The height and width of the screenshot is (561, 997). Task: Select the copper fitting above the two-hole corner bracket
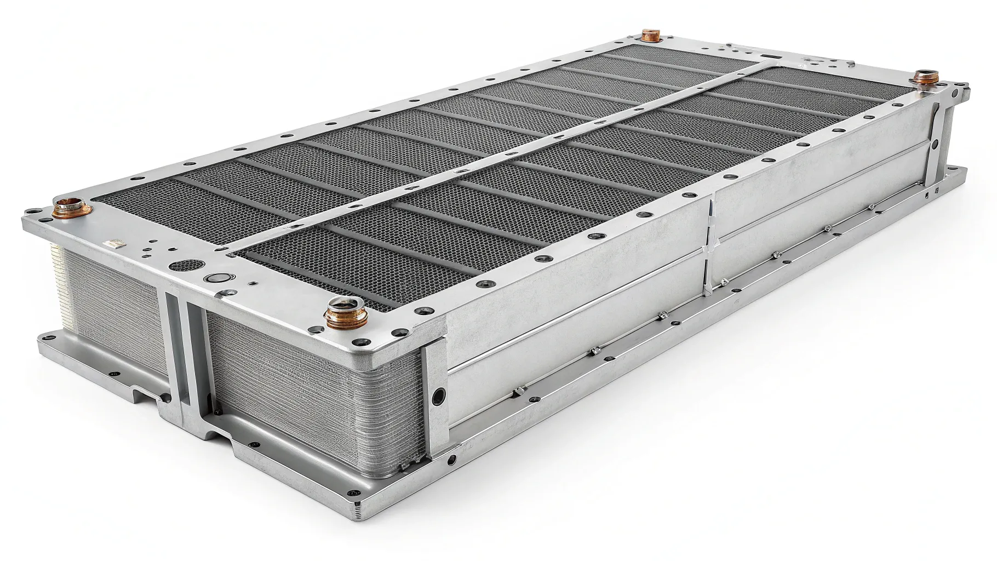[925, 77]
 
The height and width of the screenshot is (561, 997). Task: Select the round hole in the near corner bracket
[438, 396]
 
